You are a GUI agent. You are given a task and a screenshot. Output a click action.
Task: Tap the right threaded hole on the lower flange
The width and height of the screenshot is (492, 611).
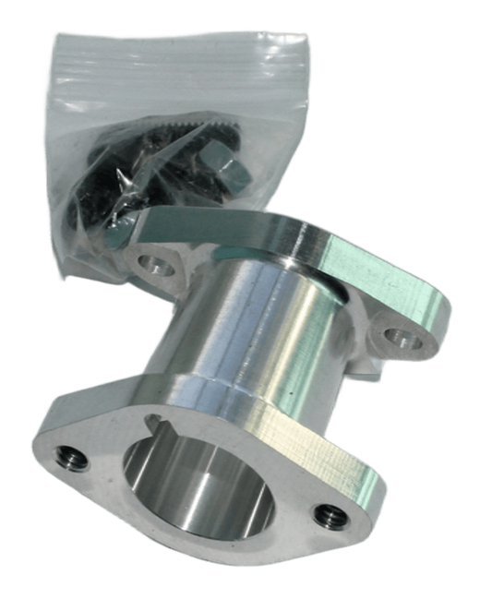324,515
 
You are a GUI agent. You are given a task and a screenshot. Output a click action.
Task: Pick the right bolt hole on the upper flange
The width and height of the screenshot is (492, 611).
402,334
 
